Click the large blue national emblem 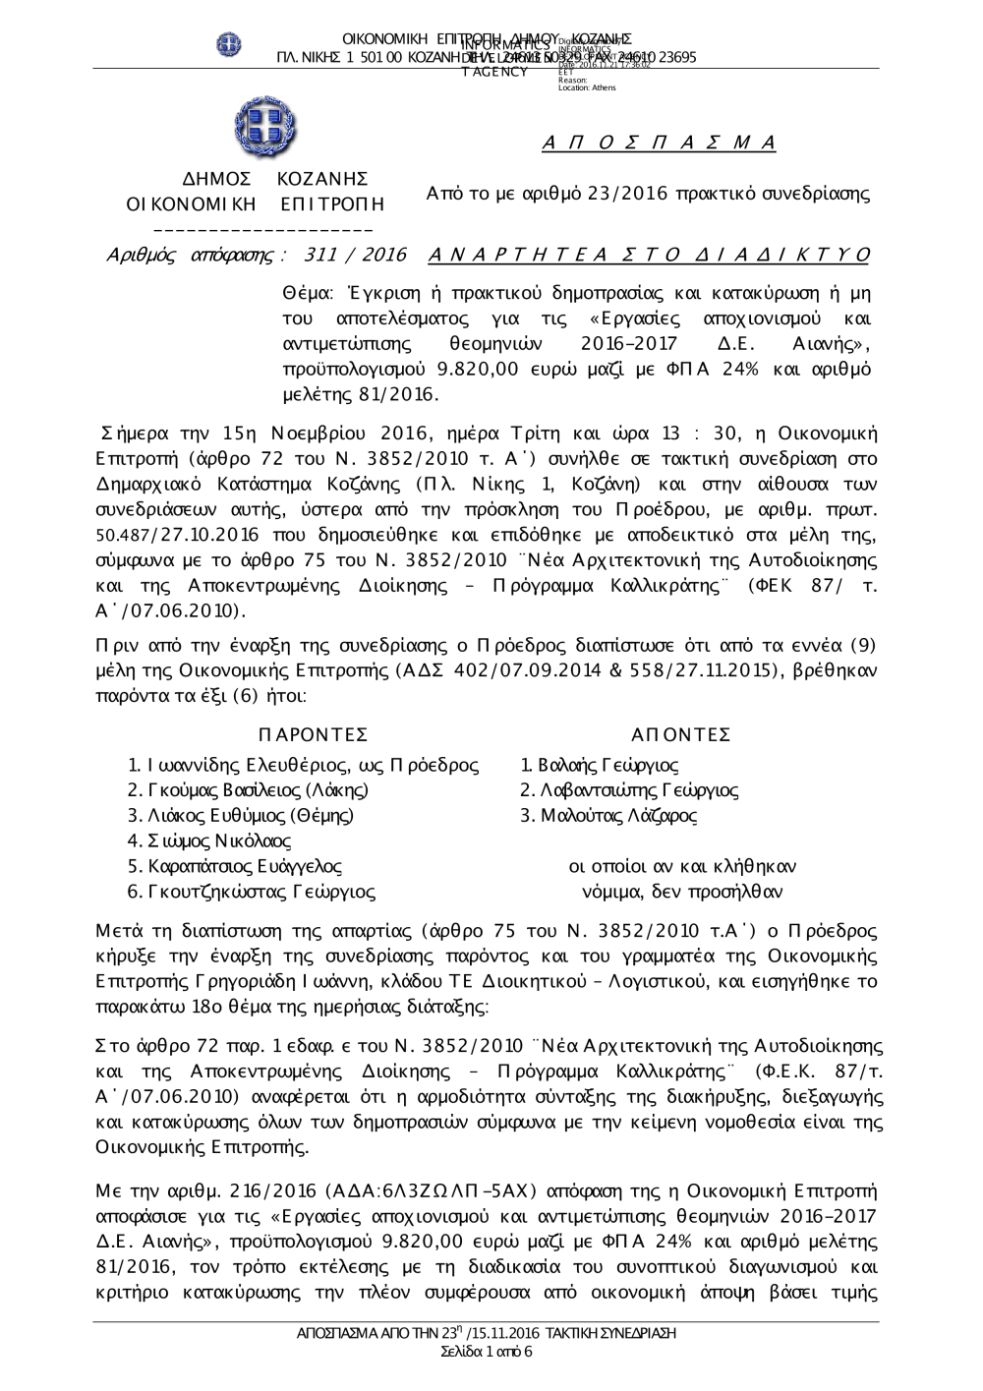[x=265, y=128]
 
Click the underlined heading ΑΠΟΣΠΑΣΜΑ [x=660, y=144]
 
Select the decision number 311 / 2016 [x=356, y=256]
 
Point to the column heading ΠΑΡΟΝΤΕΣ [x=313, y=735]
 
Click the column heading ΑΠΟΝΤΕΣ [x=682, y=735]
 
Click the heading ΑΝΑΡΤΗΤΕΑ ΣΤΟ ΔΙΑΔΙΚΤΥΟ [x=650, y=256]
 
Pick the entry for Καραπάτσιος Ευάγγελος [x=245, y=867]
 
